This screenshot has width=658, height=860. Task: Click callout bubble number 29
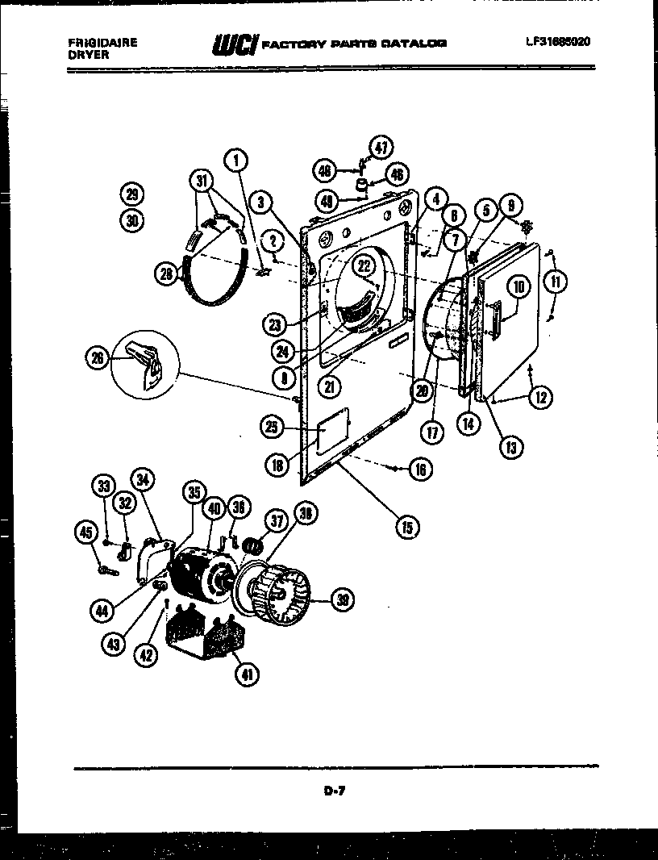click(x=131, y=193)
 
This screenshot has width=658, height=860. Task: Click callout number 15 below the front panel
click(x=406, y=528)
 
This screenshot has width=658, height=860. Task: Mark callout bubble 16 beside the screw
click(x=420, y=469)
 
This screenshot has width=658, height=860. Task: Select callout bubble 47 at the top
click(x=380, y=147)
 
